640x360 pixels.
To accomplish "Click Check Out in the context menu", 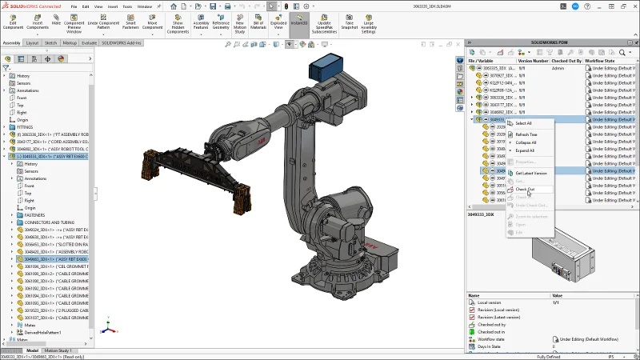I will coord(526,189).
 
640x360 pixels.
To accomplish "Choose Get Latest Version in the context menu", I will coord(530,173).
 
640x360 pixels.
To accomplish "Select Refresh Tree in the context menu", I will coord(526,134).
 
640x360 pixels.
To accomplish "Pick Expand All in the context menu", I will coord(525,150).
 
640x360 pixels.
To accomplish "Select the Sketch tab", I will coord(50,42).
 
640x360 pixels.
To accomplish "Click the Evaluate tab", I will coord(89,42).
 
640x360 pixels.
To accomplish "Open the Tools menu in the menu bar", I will coord(127,6).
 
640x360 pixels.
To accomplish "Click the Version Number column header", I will coord(533,60).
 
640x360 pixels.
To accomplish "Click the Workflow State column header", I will coord(600,60).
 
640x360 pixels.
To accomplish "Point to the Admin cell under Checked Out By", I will coord(558,69).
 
